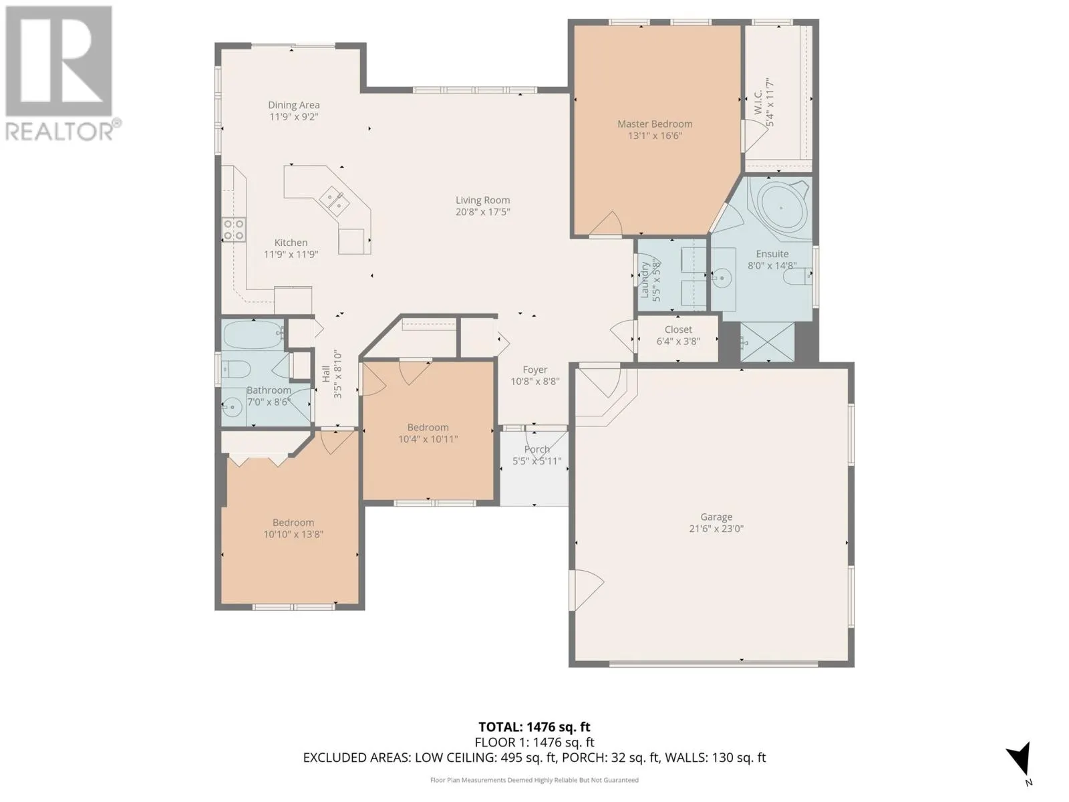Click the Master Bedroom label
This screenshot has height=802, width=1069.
click(x=654, y=124)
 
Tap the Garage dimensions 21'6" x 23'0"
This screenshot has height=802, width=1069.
click(x=716, y=529)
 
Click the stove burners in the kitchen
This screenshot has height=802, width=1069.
click(x=234, y=230)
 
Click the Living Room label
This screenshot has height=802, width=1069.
click(x=482, y=200)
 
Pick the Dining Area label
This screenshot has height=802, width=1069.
click(x=293, y=105)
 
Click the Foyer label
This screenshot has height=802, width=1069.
click(x=534, y=370)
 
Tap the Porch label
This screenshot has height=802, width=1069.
click(x=537, y=449)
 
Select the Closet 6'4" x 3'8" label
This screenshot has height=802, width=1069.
click(x=678, y=335)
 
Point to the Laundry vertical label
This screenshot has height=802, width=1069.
click(x=645, y=279)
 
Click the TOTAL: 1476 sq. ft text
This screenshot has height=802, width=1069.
click(x=534, y=727)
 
